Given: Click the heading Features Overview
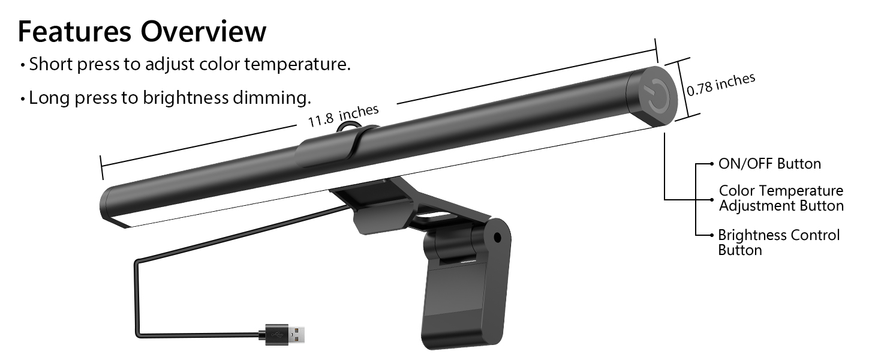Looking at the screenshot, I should (142, 31).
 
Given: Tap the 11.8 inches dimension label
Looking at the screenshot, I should (343, 115).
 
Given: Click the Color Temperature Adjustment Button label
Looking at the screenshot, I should (781, 198).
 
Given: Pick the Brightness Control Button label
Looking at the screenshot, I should (778, 242).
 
